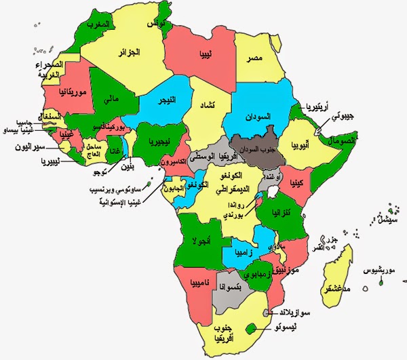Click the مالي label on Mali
[x=112, y=100]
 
